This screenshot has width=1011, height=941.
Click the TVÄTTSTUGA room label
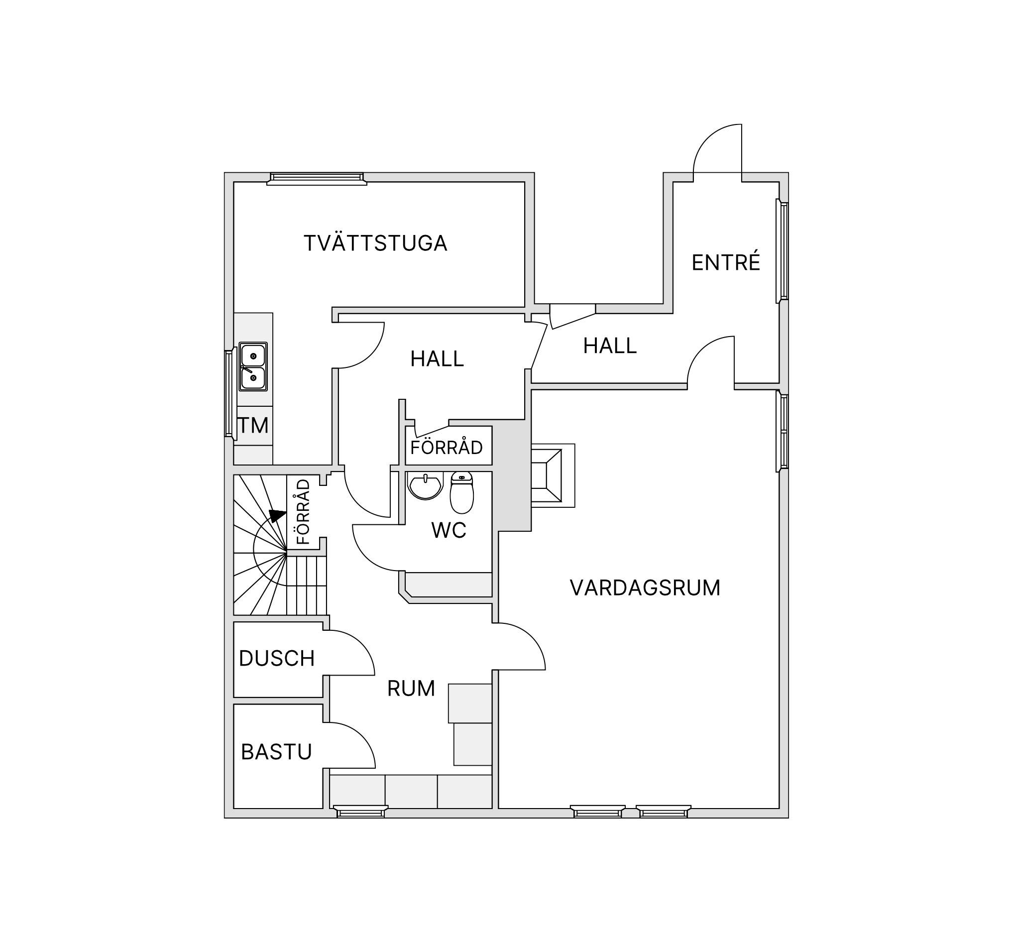click(375, 242)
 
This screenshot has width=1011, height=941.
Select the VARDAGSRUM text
click(645, 588)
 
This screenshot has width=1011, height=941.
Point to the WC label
click(449, 530)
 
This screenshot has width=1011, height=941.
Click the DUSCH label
click(277, 658)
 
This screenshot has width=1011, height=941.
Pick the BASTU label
click(276, 752)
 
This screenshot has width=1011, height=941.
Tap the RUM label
click(411, 688)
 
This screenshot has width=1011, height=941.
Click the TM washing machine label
click(253, 425)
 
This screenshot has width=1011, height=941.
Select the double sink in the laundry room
click(253, 366)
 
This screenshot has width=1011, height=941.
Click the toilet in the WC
click(462, 492)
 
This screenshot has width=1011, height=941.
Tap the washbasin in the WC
click(425, 486)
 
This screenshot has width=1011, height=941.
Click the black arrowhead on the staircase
click(277, 516)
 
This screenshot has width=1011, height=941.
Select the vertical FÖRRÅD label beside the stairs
click(303, 511)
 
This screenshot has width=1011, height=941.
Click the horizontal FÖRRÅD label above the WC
click(446, 448)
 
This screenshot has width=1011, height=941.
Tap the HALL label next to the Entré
click(610, 346)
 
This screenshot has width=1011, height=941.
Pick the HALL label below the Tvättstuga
click(437, 358)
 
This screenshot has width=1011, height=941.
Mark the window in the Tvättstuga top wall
click(317, 178)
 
